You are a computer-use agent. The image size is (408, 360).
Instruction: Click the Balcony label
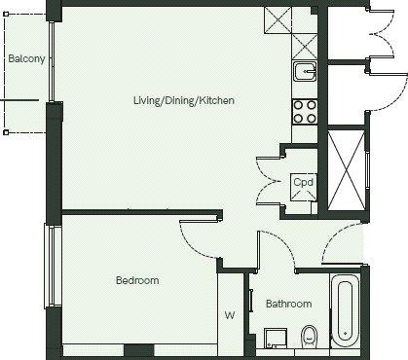pos(26,59)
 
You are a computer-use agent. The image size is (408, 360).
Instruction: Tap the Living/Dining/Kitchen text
pos(184,100)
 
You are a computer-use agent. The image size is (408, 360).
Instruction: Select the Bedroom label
pos(137,280)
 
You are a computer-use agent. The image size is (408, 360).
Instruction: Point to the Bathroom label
pos(289,304)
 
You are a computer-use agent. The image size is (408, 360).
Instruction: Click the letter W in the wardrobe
pos(230,315)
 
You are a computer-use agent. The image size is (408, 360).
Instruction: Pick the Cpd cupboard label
pos(303,182)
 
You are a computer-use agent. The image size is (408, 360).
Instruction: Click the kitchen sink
pos(305,71)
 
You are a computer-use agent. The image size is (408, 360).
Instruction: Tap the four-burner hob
pos(305,112)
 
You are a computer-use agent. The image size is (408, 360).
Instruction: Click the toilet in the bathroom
pos(309,338)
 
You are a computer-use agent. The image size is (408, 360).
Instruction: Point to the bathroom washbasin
pos(276,339)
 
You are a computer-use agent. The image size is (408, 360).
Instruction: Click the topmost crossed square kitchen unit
pos(278,20)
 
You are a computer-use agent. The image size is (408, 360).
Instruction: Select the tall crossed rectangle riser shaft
pos(347,171)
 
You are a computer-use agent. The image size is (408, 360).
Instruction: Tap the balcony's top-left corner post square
pos(6,15)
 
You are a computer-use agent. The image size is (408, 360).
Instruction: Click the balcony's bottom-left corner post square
pos(6,132)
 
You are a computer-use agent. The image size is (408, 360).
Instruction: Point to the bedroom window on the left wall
pos(53,266)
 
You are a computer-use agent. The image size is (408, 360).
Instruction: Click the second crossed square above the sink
pos(305,47)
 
